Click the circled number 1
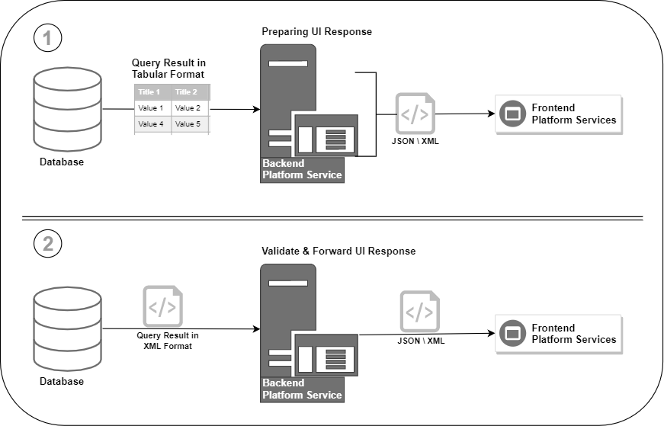coord(48,37)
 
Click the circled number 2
coord(48,244)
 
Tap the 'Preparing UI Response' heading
coord(316,32)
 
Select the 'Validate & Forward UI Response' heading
coord(338,251)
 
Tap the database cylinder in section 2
coord(68,328)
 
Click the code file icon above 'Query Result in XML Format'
coord(162,307)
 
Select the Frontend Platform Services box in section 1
coord(560,114)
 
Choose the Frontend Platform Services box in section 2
coord(560,334)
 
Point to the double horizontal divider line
coord(332,219)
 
